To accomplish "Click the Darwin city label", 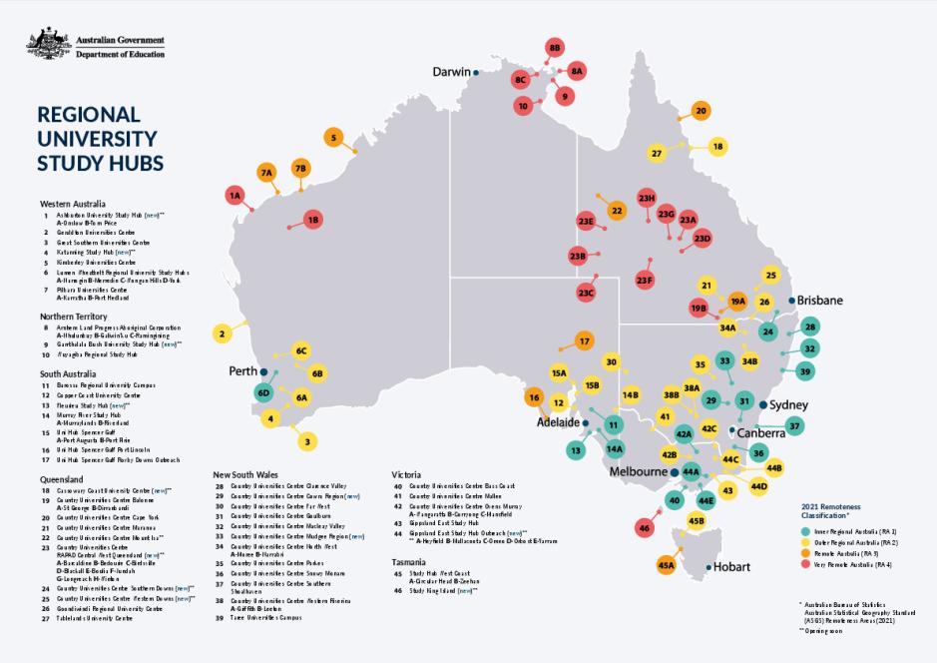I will [x=452, y=72].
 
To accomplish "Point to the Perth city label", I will [x=243, y=370].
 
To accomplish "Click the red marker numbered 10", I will [x=523, y=105].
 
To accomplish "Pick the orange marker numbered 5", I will [x=333, y=138].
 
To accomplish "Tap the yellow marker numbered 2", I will [x=223, y=333].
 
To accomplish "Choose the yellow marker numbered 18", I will [x=717, y=147].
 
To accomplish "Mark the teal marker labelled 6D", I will [x=264, y=393].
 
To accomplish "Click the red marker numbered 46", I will [x=645, y=527].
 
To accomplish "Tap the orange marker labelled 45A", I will [x=667, y=566].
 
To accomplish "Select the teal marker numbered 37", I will [x=795, y=425].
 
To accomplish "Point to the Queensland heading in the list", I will [x=62, y=479].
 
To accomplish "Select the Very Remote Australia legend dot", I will [x=806, y=563].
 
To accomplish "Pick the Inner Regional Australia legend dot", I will [x=806, y=532].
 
